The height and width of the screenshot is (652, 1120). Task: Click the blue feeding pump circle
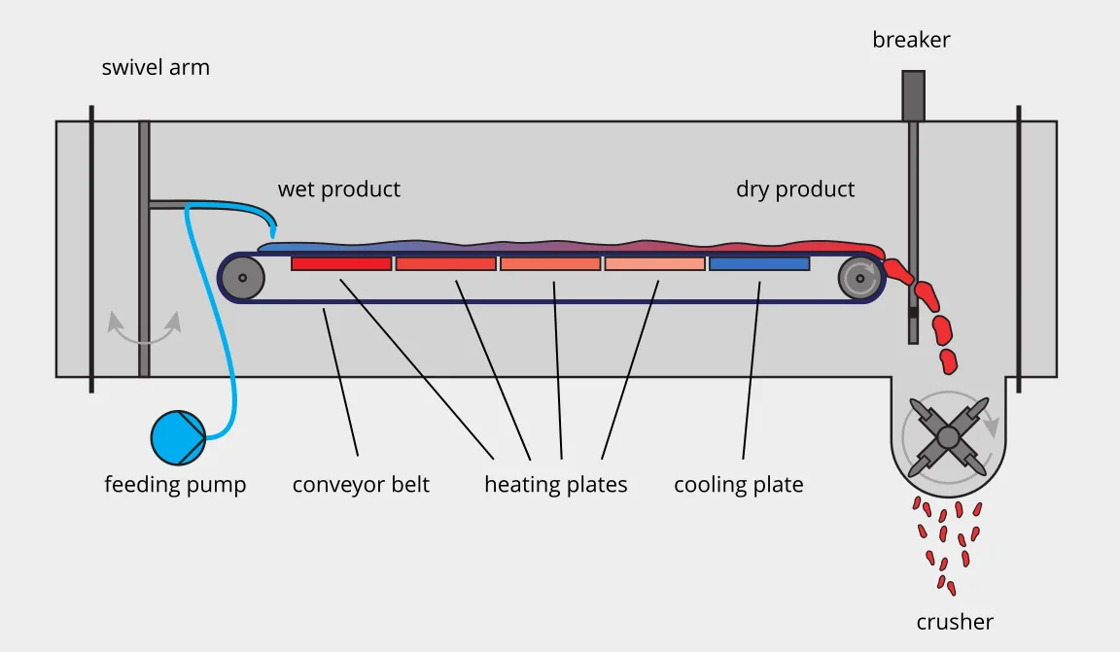[x=179, y=437]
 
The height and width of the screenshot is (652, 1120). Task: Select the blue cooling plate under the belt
[x=759, y=263]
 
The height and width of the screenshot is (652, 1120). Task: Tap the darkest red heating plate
[x=341, y=263]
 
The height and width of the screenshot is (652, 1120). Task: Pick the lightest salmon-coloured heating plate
[x=655, y=263]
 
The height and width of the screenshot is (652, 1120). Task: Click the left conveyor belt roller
[x=243, y=277]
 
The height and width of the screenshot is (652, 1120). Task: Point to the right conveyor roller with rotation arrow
[x=859, y=277]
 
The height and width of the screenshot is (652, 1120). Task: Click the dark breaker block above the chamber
[x=914, y=95]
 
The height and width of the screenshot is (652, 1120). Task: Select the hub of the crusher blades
[x=948, y=437]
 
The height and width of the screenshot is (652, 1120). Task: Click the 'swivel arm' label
[x=156, y=67]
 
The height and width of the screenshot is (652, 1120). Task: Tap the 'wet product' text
[x=339, y=189]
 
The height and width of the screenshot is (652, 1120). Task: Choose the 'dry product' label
[x=795, y=189]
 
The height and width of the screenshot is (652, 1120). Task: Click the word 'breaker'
[x=911, y=39]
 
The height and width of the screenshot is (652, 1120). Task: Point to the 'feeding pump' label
[x=176, y=485]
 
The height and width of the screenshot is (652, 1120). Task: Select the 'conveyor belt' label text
[x=362, y=485]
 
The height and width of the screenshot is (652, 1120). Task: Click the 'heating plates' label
[x=556, y=485]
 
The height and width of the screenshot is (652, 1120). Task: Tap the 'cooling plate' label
[x=739, y=485]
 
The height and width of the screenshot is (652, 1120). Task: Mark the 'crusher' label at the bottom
[x=955, y=622]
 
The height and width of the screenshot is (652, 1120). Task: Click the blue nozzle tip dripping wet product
[x=273, y=231]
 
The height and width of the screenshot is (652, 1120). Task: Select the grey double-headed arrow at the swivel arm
[x=144, y=327]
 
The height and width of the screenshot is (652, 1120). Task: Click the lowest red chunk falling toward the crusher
[x=949, y=361]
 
